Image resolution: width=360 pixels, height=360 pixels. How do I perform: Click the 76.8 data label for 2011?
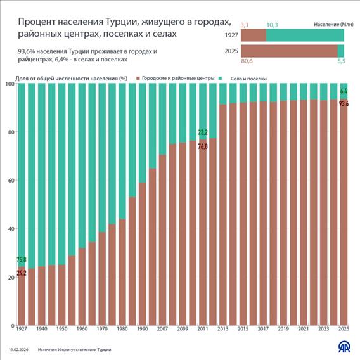coord(203,146)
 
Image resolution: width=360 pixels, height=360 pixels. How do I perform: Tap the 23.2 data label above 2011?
coord(203,133)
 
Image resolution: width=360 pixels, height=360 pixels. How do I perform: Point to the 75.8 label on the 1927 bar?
coord(22,259)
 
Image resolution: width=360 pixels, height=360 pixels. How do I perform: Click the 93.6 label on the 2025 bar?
coord(344,103)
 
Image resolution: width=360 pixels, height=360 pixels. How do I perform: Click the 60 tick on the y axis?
coord(10,181)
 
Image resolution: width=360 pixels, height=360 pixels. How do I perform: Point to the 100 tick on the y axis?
coord(9,84)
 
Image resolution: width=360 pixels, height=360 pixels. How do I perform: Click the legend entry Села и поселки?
coord(243,77)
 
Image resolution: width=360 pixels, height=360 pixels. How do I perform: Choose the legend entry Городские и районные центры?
coord(177,77)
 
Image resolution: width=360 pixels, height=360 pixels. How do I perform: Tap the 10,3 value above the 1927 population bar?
coord(272,24)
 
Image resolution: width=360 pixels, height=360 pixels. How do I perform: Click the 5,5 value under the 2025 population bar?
coord(341,63)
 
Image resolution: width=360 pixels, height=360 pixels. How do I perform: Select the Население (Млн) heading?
coord(329,24)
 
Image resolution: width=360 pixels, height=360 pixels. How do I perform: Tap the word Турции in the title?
coord(113,23)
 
